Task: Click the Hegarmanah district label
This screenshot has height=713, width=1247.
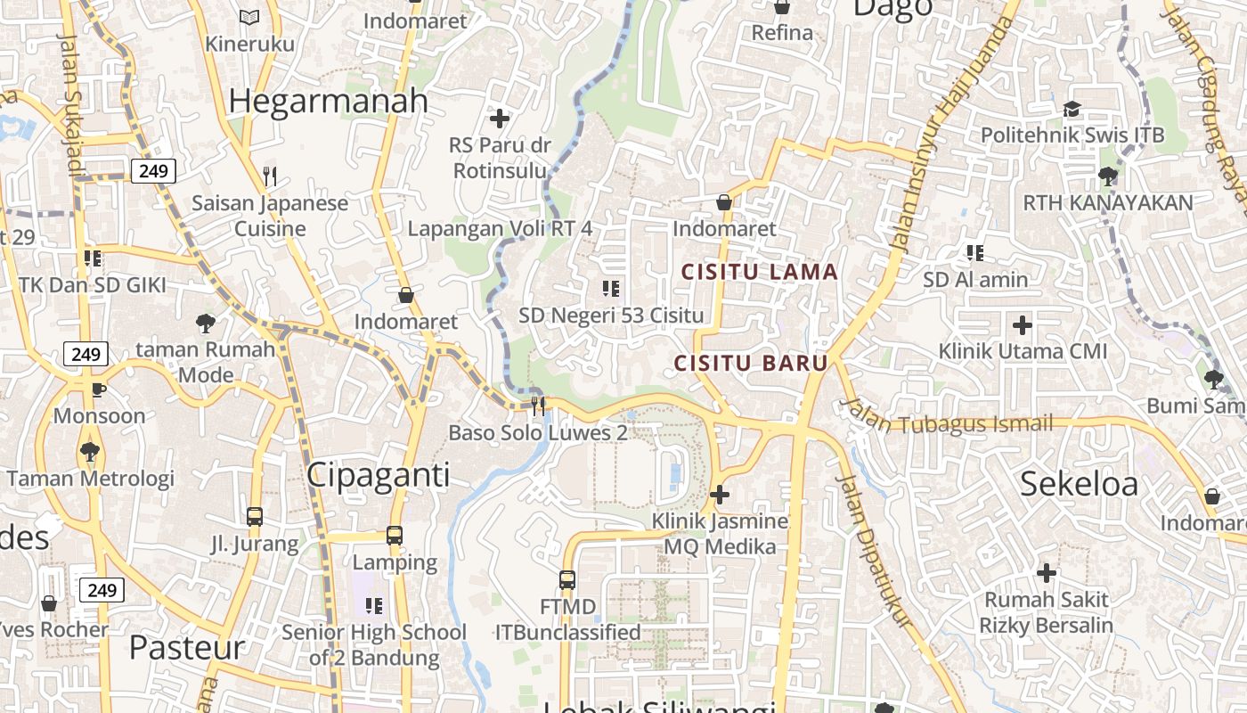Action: (328, 101)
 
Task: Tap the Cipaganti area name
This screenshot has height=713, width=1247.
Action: (378, 475)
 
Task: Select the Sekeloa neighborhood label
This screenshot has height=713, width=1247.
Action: (1079, 484)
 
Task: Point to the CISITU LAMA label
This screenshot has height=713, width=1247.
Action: (760, 272)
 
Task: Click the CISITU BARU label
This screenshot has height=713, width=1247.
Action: (751, 364)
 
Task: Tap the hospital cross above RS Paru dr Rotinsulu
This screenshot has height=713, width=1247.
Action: (500, 118)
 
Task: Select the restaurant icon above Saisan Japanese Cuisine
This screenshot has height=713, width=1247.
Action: (271, 176)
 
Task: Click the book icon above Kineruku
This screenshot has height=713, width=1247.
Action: (249, 17)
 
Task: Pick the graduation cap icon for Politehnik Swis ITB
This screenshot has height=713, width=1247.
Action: (1072, 109)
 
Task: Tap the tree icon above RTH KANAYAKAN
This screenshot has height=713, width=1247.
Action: (1107, 176)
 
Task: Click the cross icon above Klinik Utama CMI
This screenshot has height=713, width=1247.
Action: (1023, 324)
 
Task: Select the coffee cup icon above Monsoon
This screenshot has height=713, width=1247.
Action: (99, 389)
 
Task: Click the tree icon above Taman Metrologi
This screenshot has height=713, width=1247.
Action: (89, 452)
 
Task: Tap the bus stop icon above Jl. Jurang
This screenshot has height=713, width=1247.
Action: (254, 516)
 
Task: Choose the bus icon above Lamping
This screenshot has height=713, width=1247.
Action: (394, 536)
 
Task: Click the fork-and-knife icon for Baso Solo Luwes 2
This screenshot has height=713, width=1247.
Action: (537, 406)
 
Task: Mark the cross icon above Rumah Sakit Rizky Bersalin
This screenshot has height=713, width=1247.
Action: (1047, 572)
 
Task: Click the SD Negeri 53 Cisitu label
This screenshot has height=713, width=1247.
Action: (611, 316)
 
